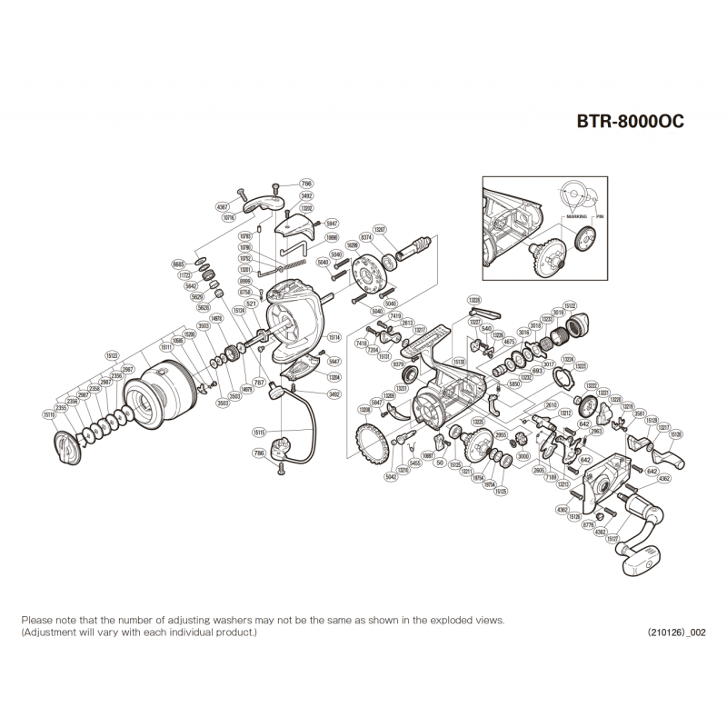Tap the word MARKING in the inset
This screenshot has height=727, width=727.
point(574,219)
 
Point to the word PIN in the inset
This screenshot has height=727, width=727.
point(600,219)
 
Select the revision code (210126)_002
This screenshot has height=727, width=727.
point(676,632)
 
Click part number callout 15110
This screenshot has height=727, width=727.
point(48,414)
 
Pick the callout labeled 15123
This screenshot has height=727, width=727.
point(112,356)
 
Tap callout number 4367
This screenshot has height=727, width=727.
point(223,207)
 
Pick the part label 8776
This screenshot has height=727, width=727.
point(588,524)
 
